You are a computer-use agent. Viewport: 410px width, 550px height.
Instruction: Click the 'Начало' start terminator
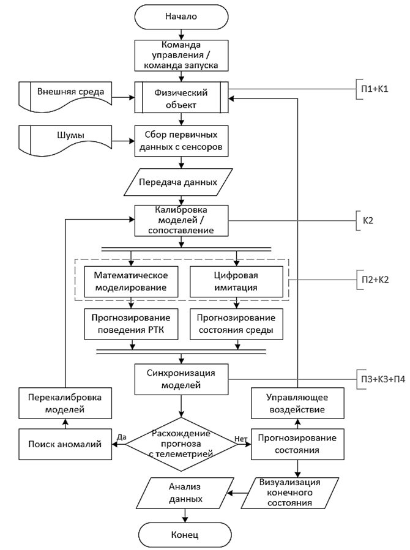click(181, 17)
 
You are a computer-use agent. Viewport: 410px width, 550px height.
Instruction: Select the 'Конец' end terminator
click(185, 535)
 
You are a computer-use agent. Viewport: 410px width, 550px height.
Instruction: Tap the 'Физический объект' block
click(181, 97)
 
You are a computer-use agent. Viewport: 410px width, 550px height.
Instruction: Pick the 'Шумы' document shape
click(65, 139)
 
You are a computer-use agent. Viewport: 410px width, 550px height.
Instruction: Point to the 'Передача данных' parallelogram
click(178, 182)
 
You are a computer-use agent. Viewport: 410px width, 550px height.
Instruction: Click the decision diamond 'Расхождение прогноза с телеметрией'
click(181, 444)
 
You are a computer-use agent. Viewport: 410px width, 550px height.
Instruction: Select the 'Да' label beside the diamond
click(121, 437)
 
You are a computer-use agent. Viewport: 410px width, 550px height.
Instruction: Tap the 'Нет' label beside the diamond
click(241, 439)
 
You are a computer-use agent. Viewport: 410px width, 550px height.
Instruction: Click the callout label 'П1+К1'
click(375, 89)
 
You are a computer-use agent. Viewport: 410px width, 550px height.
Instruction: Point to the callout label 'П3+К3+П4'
click(383, 379)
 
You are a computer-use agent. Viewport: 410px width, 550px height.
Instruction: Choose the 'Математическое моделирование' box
click(131, 281)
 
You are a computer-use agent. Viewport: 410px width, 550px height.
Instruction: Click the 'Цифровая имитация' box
click(236, 281)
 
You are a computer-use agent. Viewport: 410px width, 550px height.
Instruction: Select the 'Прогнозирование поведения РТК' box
click(131, 324)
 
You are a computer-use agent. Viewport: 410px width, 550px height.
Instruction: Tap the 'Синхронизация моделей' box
click(181, 379)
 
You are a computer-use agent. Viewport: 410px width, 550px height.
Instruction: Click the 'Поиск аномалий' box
click(65, 444)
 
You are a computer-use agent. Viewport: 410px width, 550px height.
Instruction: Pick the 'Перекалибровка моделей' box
click(65, 403)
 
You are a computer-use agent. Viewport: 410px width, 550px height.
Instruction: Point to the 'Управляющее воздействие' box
click(297, 403)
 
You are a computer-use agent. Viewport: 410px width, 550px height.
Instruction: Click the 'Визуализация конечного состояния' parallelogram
click(290, 492)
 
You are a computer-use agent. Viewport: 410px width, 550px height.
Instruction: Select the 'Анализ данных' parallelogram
click(185, 492)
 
